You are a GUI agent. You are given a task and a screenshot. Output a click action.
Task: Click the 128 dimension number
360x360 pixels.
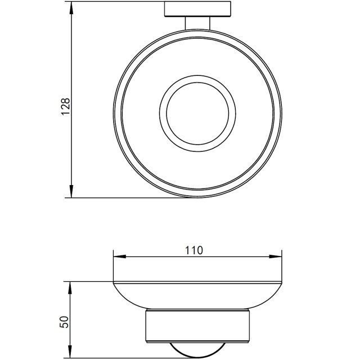65,106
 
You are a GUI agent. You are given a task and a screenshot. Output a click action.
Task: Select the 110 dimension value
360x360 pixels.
194,250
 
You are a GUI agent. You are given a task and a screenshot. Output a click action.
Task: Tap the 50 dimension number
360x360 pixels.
64,322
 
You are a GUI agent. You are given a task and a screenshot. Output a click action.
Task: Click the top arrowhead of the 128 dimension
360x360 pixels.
71,7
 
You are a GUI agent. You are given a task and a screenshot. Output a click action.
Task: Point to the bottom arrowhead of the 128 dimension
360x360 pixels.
71,191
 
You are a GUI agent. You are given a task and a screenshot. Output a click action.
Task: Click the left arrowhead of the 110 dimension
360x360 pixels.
120,256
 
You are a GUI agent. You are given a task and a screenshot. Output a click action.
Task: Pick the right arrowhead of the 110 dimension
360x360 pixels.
276,256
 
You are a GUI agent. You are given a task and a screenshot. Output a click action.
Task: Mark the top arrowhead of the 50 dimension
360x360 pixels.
70,287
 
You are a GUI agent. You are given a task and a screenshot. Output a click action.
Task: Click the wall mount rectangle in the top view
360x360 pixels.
197,9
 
